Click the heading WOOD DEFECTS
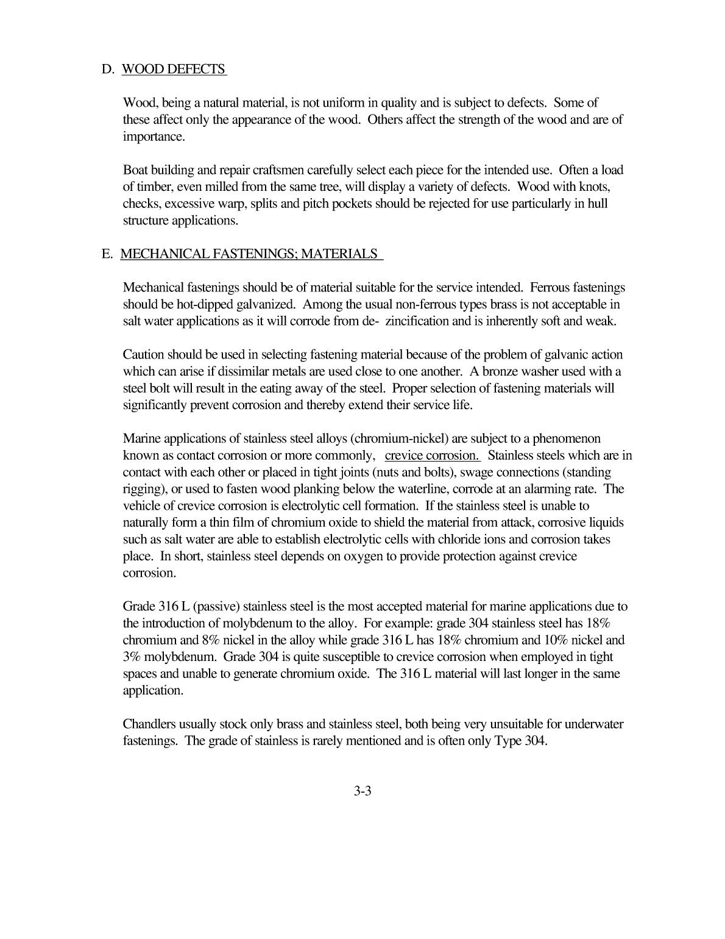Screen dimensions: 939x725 coord(174,69)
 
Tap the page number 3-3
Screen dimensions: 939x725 coord(362,792)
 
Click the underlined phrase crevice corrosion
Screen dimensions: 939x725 coord(433,455)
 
